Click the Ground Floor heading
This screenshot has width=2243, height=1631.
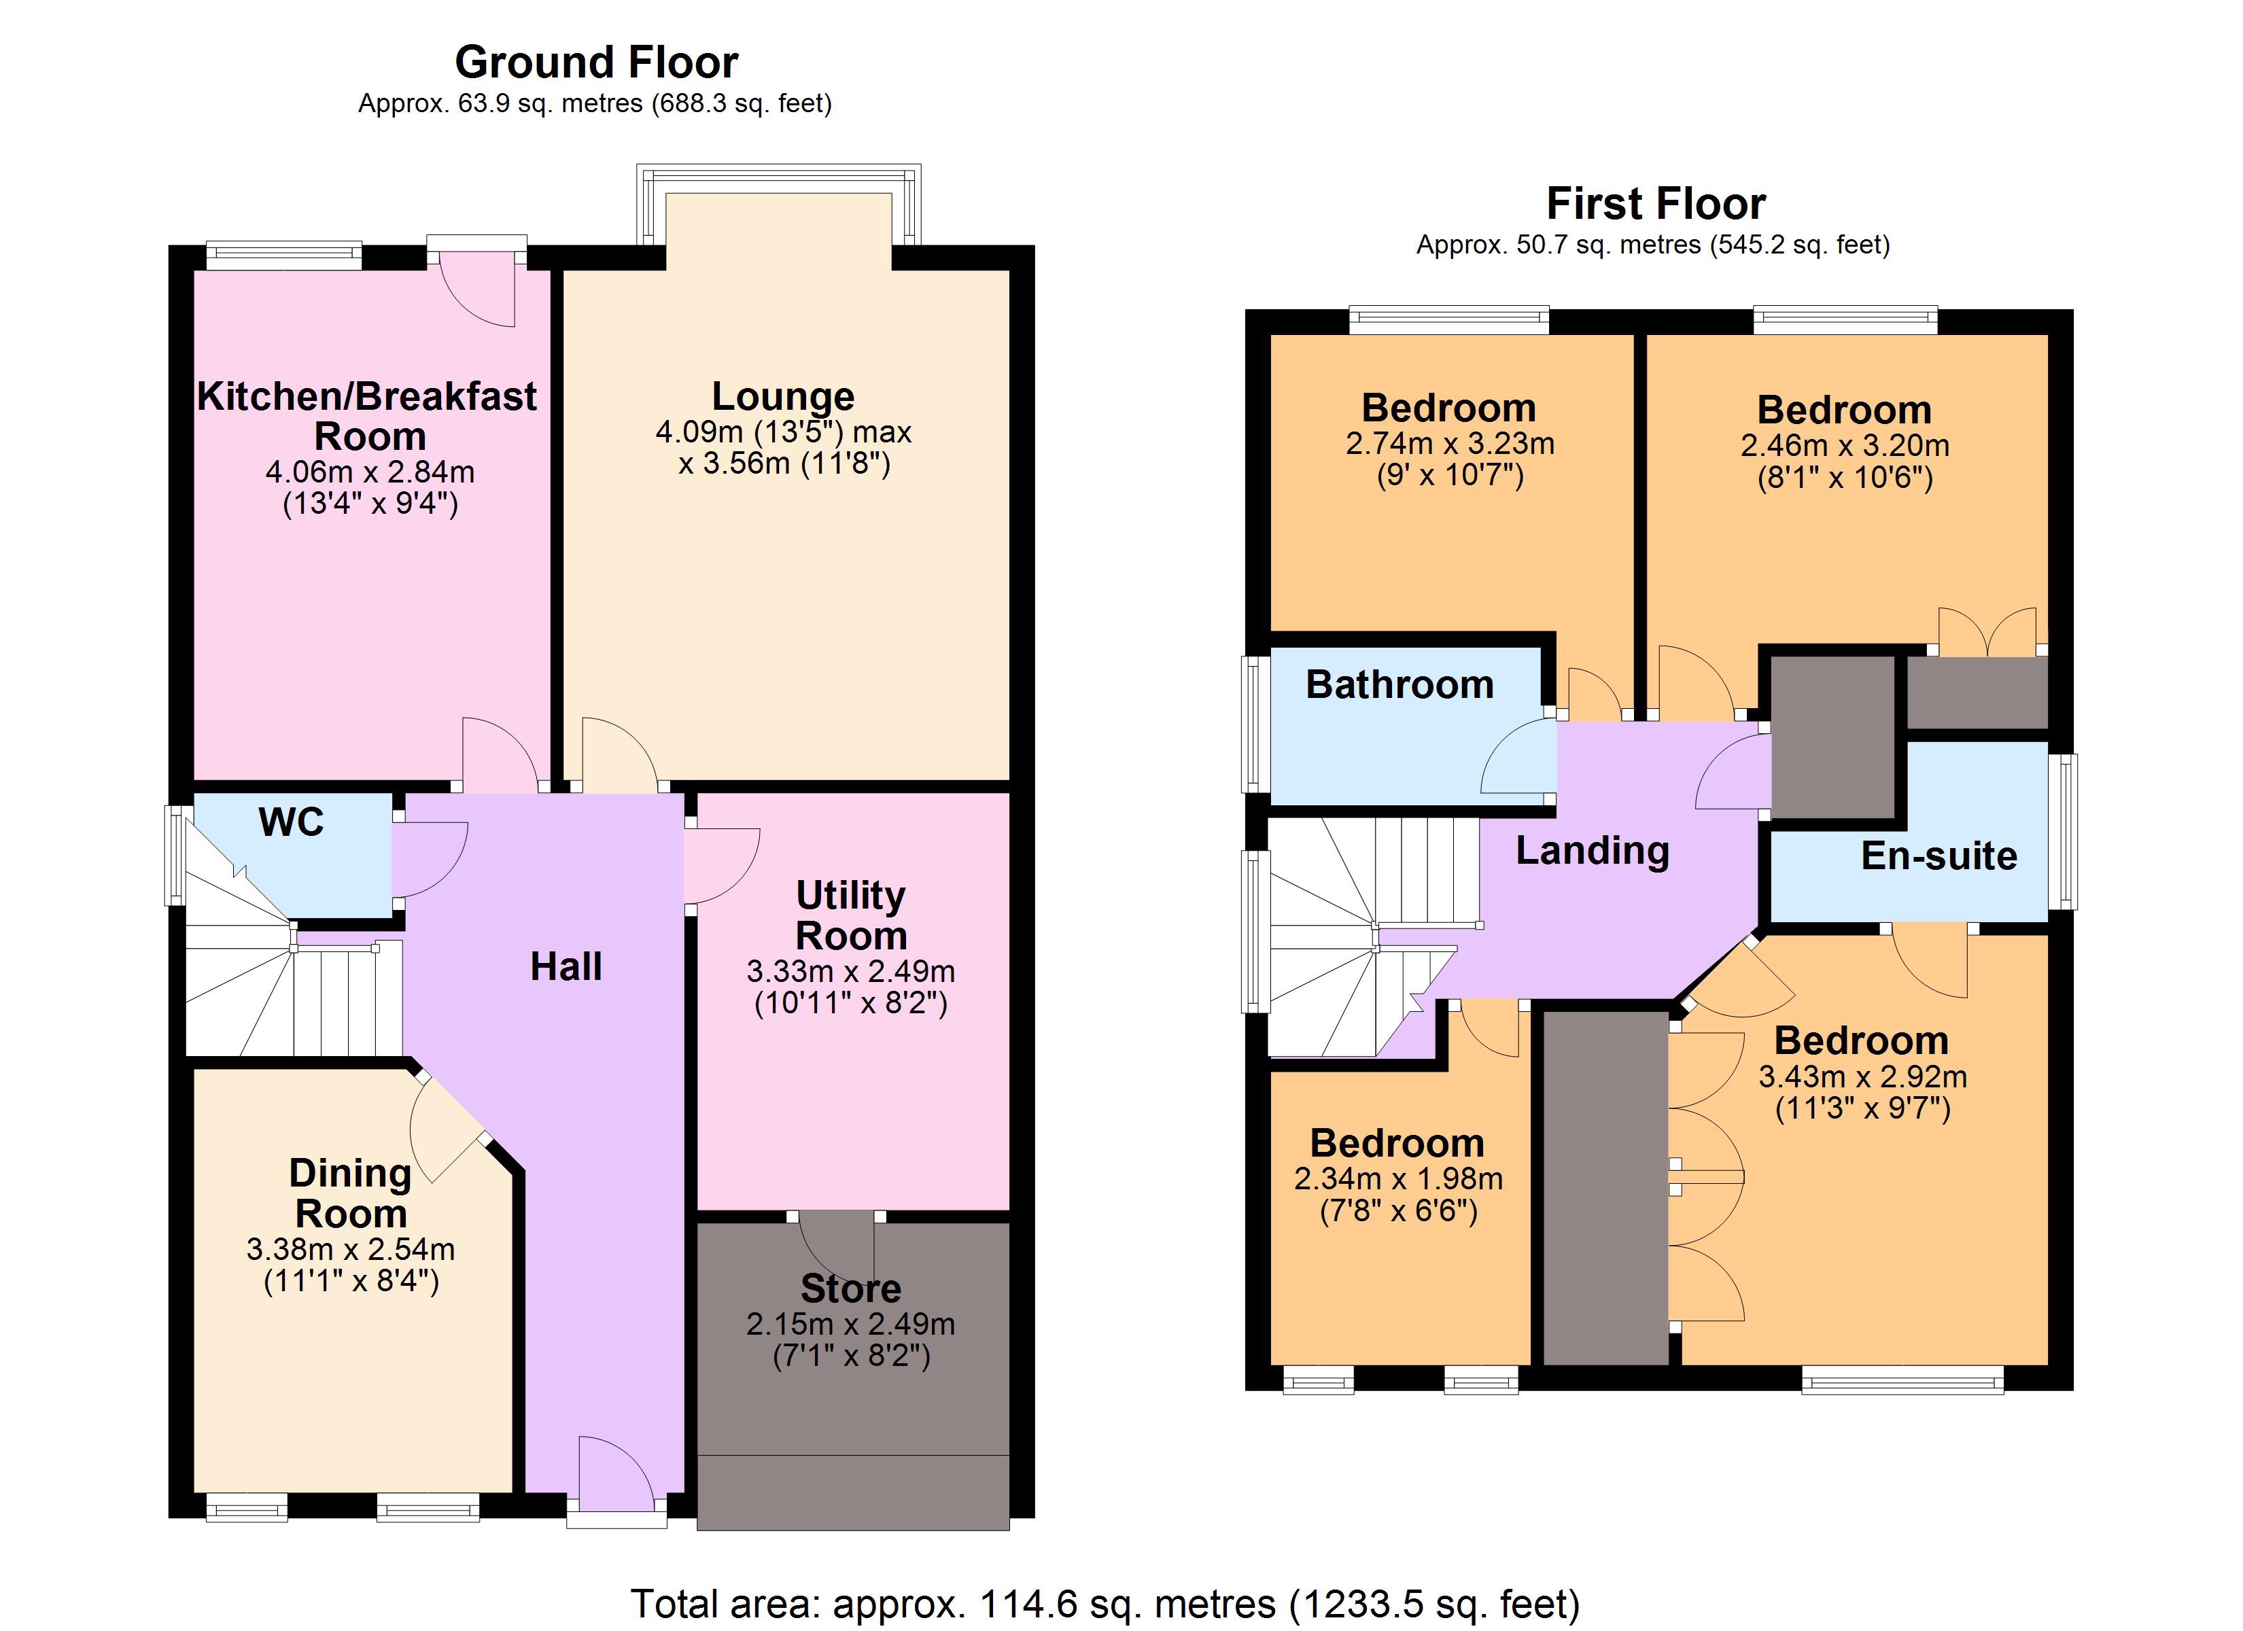click(596, 63)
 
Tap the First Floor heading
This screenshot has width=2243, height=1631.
click(1656, 205)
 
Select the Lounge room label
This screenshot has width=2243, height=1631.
click(783, 397)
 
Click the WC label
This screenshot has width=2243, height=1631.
click(291, 822)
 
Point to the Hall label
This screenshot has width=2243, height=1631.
click(566, 966)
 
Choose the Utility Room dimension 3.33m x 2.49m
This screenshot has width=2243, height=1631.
click(850, 971)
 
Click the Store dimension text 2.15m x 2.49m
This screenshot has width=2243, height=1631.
click(850, 1323)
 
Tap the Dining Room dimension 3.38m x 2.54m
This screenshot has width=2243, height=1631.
click(351, 1249)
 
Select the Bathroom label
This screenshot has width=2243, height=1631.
click(1399, 684)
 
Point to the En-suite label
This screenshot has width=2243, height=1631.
click(1938, 856)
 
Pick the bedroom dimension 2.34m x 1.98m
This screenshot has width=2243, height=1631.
click(1398, 1179)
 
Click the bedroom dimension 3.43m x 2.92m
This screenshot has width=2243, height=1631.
click(1862, 1076)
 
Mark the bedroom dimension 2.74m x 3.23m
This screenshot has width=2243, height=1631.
click(1450, 443)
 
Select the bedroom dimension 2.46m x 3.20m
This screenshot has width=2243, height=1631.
click(1845, 445)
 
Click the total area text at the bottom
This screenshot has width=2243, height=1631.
click(1106, 1602)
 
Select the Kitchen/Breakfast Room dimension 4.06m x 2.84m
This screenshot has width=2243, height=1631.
click(370, 472)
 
